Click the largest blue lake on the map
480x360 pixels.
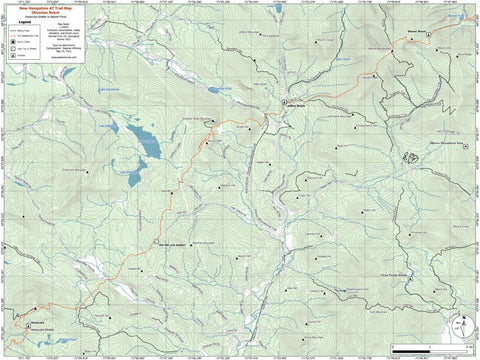(143, 140)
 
